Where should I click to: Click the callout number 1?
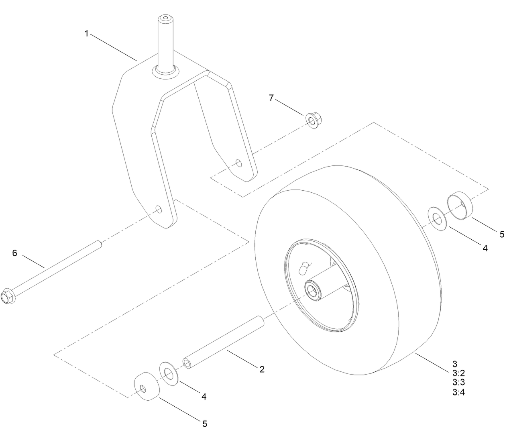[x=86, y=34]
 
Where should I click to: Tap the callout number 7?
[x=271, y=98]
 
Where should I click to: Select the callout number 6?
[x=15, y=253]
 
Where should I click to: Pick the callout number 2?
[x=262, y=369]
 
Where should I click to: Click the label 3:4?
[x=458, y=393]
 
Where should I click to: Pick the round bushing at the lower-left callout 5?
[x=145, y=387]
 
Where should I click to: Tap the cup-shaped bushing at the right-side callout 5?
[x=460, y=206]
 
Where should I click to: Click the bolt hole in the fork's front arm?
[x=159, y=209]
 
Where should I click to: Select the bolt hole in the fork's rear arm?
[x=238, y=163]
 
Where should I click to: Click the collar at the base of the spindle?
[x=165, y=72]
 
